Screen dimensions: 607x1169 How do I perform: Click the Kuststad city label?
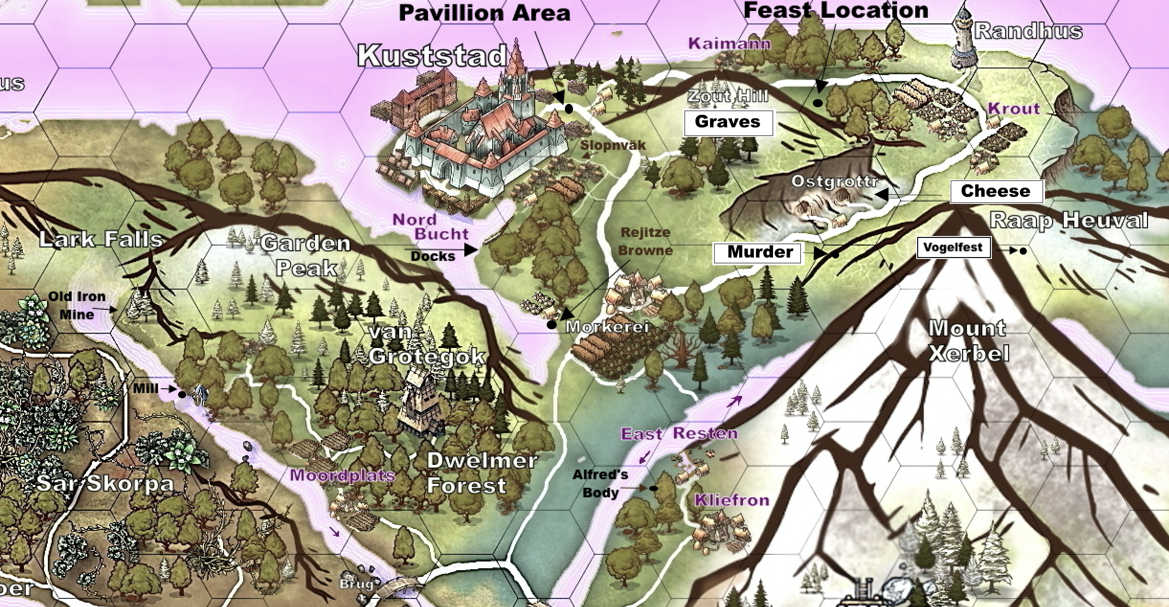(432, 56)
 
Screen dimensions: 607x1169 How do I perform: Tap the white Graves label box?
(728, 123)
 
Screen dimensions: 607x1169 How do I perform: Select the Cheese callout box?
(996, 191)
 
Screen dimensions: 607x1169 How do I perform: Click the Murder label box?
(757, 253)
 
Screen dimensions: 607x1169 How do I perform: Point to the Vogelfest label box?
(953, 248)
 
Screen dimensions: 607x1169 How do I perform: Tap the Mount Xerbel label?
(968, 341)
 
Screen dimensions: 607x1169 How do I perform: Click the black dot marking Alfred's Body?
(653, 488)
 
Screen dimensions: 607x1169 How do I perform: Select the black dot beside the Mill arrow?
(182, 394)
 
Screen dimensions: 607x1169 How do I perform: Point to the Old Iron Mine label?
(77, 305)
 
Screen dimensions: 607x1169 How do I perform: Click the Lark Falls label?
(101, 239)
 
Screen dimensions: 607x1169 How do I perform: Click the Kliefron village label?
(731, 501)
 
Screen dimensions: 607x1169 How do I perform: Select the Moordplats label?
(342, 475)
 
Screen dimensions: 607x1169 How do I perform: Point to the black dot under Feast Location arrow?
(818, 103)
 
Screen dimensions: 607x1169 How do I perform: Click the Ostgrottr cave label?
(834, 182)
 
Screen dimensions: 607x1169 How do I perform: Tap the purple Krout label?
(1014, 109)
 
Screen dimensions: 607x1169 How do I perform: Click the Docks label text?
(433, 257)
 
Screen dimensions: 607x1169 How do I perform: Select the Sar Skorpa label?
(105, 483)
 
